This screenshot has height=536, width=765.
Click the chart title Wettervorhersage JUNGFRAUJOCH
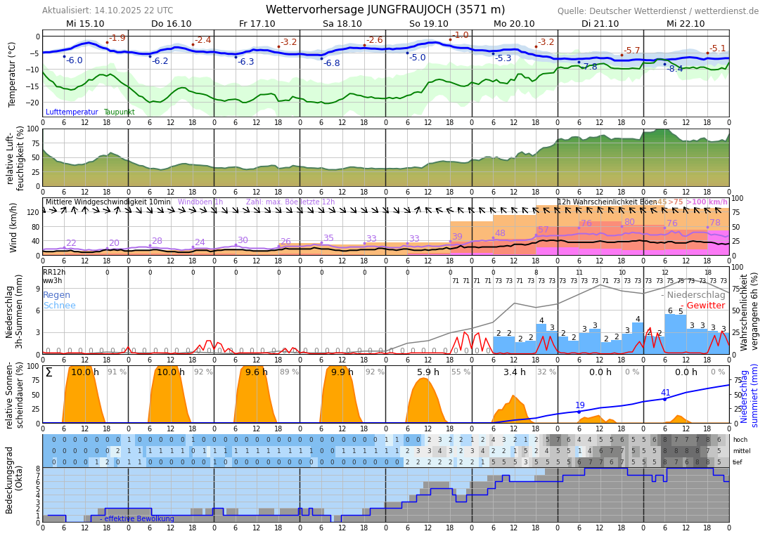point(385,10)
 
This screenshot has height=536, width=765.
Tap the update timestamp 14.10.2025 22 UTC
point(132,11)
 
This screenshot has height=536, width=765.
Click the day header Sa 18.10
point(342,23)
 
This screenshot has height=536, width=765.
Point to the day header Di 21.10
point(600,23)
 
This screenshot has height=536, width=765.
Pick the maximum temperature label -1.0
point(461,35)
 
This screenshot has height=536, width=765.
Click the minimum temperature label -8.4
point(674,69)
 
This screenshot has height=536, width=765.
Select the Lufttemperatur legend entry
point(72,112)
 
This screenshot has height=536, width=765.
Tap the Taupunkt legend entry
point(119,112)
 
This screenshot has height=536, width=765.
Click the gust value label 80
point(629,222)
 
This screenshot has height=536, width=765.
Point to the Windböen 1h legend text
point(200,202)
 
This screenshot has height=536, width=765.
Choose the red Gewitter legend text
point(705,306)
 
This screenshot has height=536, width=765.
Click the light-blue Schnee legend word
point(59,306)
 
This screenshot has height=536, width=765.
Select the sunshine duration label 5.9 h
point(427,372)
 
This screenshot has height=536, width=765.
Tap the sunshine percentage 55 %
point(461,372)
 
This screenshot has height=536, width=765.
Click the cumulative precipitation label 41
point(665,393)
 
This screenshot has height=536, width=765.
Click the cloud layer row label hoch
point(740,440)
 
